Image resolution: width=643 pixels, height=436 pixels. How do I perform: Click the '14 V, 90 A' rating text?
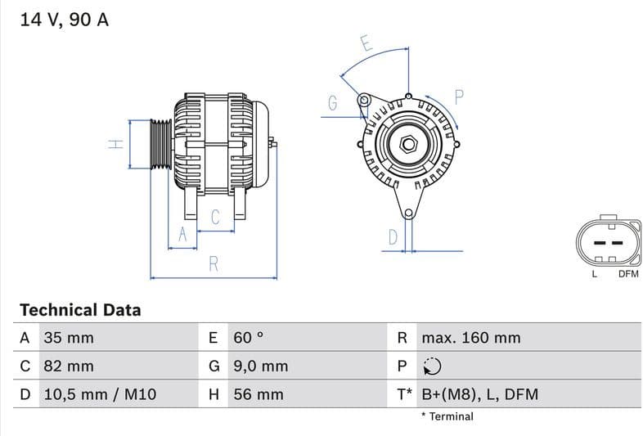point(64,20)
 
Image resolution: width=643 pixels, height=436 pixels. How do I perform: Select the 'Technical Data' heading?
point(80,310)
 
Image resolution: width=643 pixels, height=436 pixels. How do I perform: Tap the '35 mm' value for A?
point(69,338)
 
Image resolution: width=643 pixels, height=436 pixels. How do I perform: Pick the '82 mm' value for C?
point(69,366)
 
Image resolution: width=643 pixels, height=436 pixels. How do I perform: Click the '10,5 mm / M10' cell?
point(99,394)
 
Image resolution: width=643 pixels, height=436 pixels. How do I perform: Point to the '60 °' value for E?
point(249,338)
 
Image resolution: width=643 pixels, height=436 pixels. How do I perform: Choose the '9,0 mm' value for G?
point(261,366)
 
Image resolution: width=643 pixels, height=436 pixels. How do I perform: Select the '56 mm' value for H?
point(259,394)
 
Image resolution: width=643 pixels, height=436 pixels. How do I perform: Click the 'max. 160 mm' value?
point(471,338)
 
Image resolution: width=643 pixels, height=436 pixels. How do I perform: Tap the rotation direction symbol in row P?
point(432,366)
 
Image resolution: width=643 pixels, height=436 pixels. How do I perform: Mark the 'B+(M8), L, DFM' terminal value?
point(480,394)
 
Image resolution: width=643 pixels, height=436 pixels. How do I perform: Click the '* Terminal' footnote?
point(447,416)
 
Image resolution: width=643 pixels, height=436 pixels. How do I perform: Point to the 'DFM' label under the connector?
point(627,274)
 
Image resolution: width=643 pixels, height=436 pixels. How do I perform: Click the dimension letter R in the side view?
point(214,263)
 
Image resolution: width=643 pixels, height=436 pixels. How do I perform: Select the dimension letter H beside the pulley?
point(116,144)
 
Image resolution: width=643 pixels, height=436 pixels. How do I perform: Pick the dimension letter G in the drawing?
point(333,103)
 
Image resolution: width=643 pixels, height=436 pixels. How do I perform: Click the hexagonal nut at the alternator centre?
point(407,146)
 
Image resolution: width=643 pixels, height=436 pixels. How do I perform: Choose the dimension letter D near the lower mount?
point(393,237)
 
